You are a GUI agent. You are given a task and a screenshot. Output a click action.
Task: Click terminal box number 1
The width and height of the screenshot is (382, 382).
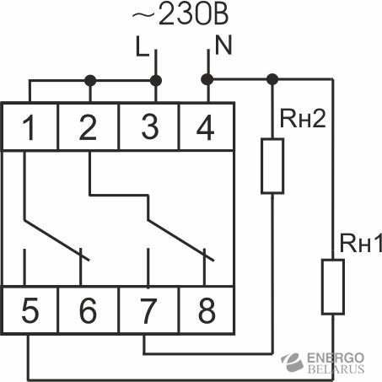coord(30,127)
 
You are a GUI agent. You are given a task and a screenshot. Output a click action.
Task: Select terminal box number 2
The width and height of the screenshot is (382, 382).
coord(89,127)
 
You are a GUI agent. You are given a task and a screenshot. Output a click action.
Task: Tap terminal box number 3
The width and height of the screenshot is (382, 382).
coord(149,127)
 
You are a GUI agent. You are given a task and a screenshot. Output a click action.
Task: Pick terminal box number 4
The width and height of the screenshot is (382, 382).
coord(207,127)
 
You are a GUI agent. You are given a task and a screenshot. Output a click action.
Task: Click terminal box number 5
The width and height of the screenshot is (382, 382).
coord(30,310)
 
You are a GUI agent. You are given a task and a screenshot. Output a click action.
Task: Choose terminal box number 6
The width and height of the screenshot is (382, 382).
coord(89,310)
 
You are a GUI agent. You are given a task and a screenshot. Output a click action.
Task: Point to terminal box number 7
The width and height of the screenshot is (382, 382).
coord(149,310)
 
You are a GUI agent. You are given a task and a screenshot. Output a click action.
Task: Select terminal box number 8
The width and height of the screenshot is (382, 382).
coord(207,310)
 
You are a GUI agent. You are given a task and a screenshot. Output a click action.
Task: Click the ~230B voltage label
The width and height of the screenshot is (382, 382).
coord(180,14)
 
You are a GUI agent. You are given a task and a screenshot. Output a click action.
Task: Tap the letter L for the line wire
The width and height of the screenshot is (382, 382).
coord(142,46)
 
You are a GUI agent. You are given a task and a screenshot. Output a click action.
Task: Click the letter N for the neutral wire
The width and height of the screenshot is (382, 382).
coord(223,45)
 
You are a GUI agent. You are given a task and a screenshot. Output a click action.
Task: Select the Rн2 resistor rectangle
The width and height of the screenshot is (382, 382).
coord(272,166)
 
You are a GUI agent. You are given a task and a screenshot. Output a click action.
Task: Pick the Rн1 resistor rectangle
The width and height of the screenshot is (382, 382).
coord(333,287)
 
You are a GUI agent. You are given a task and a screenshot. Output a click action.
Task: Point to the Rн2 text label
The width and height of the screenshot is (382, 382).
coord(303,118)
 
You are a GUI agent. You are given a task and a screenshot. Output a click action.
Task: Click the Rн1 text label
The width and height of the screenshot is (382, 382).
coord(361,243)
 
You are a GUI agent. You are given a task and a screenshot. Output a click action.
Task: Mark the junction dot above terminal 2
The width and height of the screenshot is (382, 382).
coord(90,81)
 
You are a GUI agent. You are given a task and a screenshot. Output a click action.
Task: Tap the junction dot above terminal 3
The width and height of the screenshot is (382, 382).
coord(156,81)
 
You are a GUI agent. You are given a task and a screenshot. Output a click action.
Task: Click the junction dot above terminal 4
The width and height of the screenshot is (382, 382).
coord(207,79)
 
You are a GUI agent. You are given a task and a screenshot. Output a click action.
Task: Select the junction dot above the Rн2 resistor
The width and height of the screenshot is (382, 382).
coord(272,79)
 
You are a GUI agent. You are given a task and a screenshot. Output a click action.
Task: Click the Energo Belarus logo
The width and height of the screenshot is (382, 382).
coord(323,363)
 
